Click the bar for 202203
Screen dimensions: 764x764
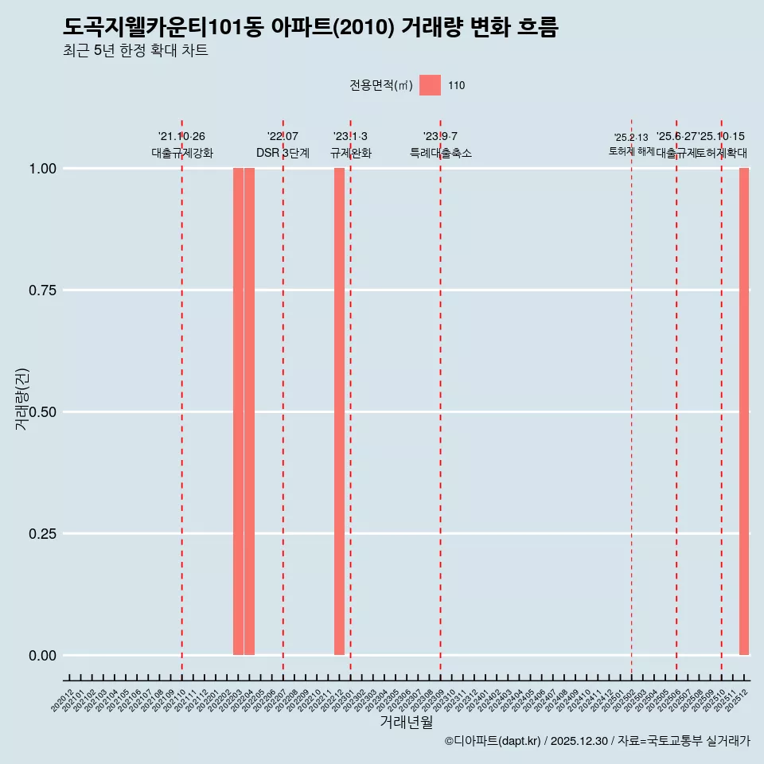(238, 411)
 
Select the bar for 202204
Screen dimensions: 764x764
(249, 411)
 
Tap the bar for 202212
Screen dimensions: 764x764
(339, 411)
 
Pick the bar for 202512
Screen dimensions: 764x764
(744, 411)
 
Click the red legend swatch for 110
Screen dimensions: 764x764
(430, 85)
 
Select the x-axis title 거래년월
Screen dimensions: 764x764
(407, 722)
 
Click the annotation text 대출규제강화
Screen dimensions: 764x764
(181, 153)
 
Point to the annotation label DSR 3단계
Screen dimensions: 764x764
(283, 153)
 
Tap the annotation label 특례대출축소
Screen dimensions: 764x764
(440, 153)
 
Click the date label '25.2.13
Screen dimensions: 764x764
(631, 137)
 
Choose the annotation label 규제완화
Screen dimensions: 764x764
(350, 153)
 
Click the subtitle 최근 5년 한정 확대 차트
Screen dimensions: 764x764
(135, 51)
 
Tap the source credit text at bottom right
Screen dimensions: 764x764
(597, 741)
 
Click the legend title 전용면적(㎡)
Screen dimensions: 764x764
(380, 85)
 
